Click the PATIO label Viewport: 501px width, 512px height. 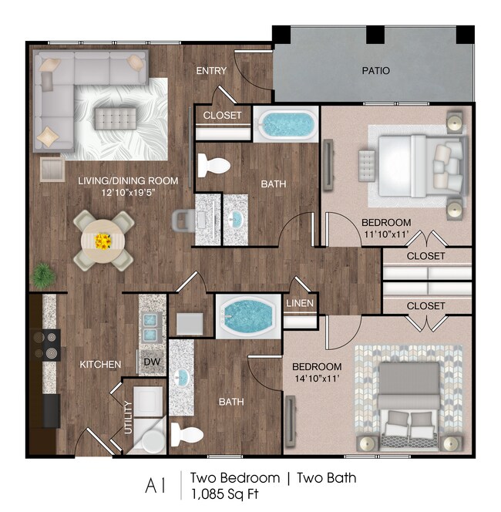click(375, 71)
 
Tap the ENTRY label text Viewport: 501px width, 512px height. click(211, 71)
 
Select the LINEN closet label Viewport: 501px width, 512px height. click(300, 303)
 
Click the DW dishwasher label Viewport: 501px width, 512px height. click(151, 362)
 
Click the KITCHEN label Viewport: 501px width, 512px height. click(99, 364)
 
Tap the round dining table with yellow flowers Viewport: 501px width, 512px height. click(103, 240)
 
